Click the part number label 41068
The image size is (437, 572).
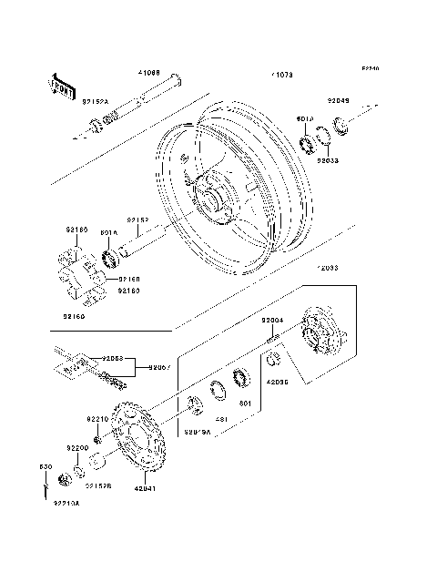coord(149,72)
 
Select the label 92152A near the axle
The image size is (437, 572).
coord(96,102)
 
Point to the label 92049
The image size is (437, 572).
coord(339,102)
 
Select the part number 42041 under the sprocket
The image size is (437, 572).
coord(145,488)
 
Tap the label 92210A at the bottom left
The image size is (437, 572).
coord(66,502)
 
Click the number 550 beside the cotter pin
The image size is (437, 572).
coord(42,466)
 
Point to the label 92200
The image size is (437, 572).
coord(76,449)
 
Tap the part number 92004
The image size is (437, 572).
coord(273,321)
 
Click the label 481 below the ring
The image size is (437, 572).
coord(219,419)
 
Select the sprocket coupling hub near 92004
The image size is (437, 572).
coord(318,337)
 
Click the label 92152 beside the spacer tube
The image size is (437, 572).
coord(137,220)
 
